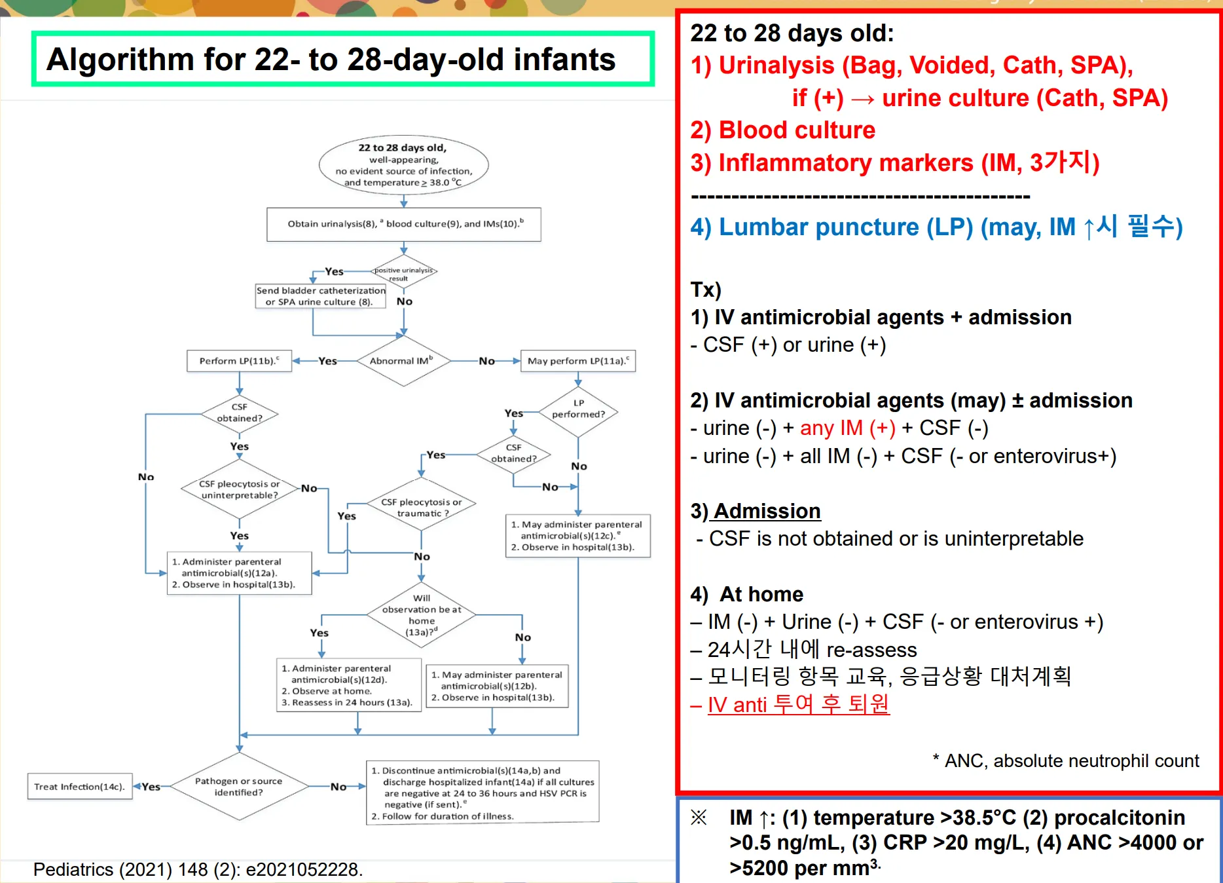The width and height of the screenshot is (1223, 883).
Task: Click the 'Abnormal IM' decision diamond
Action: click(403, 361)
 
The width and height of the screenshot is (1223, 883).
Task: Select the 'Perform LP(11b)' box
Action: click(239, 361)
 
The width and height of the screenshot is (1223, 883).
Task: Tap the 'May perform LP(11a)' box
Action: click(577, 361)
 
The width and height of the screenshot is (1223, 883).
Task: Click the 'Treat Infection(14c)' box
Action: click(79, 786)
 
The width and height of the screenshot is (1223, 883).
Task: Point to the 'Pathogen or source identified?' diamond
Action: click(239, 786)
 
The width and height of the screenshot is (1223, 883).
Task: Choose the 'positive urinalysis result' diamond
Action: click(403, 273)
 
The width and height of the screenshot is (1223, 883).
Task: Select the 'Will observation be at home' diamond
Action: click(422, 614)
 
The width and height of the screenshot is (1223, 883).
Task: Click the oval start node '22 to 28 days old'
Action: click(403, 165)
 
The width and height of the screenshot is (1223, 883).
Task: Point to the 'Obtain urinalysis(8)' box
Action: click(404, 224)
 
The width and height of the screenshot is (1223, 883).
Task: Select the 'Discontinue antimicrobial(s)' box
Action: click(483, 793)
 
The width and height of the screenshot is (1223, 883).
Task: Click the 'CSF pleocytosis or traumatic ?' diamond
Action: click(422, 508)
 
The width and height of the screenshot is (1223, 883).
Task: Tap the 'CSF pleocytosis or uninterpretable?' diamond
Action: click(239, 489)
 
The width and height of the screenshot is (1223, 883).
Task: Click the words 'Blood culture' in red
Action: click(797, 130)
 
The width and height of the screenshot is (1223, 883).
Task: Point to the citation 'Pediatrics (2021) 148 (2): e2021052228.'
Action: click(198, 869)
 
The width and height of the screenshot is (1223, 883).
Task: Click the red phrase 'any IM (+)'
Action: click(847, 428)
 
